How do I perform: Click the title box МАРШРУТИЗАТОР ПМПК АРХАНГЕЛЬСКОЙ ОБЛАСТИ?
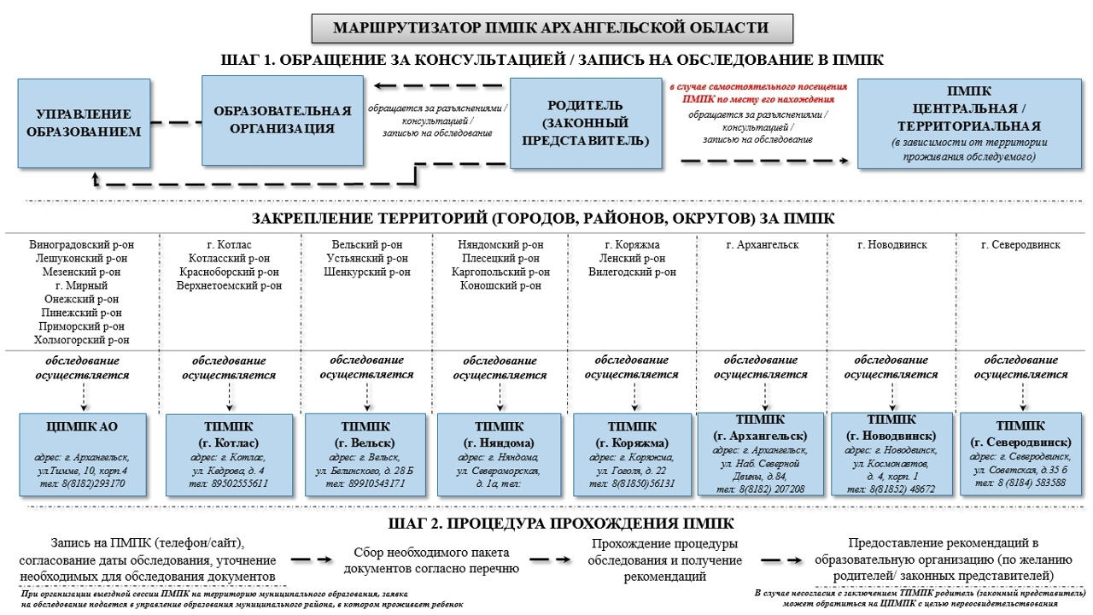[551, 27]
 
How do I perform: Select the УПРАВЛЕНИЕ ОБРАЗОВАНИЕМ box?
[84, 123]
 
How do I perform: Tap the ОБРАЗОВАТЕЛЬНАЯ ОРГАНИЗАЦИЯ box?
[283, 120]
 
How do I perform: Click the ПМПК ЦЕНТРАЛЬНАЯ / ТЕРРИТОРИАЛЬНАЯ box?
[969, 123]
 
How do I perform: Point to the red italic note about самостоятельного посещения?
[757, 92]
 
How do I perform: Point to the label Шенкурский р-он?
[367, 272]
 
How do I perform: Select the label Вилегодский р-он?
[632, 272]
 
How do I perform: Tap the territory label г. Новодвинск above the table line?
[891, 245]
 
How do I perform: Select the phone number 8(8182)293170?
[83, 483]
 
